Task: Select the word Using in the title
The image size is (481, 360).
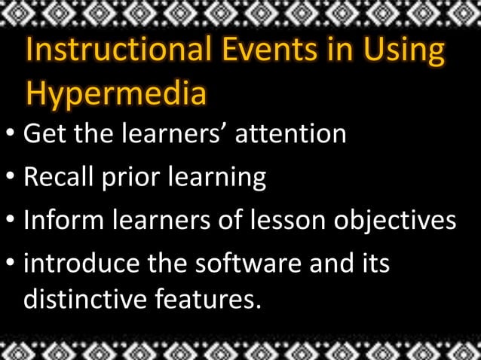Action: [403, 51]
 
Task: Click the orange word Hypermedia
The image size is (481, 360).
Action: [115, 94]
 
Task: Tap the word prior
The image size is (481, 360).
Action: [133, 178]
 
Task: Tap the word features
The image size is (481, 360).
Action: [207, 299]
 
